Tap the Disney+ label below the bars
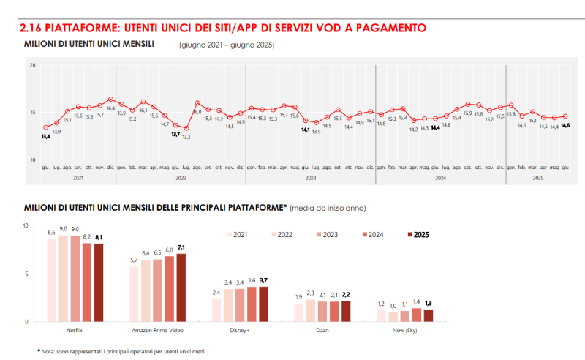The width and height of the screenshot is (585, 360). click(x=239, y=331)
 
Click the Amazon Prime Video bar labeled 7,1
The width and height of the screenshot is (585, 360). click(x=181, y=287)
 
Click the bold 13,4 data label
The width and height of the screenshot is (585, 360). click(x=45, y=137)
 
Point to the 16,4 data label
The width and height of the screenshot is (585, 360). click(x=111, y=108)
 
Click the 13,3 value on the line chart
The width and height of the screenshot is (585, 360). click(x=186, y=137)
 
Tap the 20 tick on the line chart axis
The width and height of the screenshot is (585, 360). click(x=32, y=66)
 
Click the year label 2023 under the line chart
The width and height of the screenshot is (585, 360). click(x=311, y=177)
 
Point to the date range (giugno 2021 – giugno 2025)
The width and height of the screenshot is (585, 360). click(x=226, y=45)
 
